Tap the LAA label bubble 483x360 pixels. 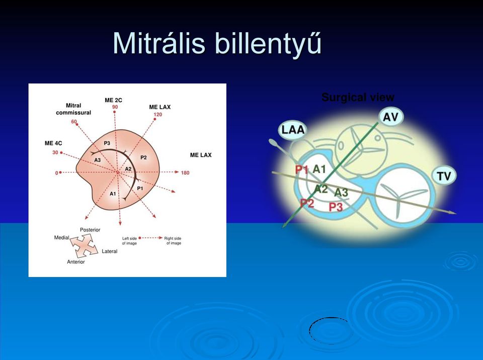[x=293, y=130]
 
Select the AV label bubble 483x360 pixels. [x=390, y=117]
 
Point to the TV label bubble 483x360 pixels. [x=444, y=176]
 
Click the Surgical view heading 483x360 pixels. [x=358, y=97]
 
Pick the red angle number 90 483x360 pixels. [x=115, y=107]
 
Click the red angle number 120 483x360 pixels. [x=157, y=114]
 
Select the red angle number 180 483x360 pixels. [x=185, y=173]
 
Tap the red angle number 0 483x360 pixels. [x=57, y=173]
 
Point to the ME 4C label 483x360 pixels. [x=53, y=143]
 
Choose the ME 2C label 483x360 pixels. [x=113, y=100]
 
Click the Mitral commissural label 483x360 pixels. [x=73, y=109]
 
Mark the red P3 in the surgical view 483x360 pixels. [x=336, y=207]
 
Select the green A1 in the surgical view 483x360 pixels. [x=319, y=169]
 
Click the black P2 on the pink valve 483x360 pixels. [x=143, y=158]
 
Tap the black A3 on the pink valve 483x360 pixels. [x=97, y=160]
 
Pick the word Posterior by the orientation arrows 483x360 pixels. [x=90, y=230]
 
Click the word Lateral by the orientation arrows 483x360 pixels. [x=110, y=251]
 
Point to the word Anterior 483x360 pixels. [x=76, y=262]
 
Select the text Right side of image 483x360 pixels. [x=173, y=241]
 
